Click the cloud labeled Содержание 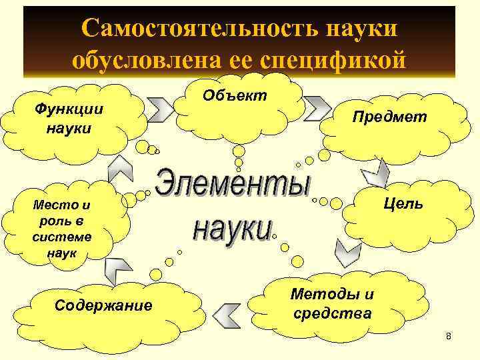pos(103,306)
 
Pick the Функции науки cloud pos(69,117)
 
